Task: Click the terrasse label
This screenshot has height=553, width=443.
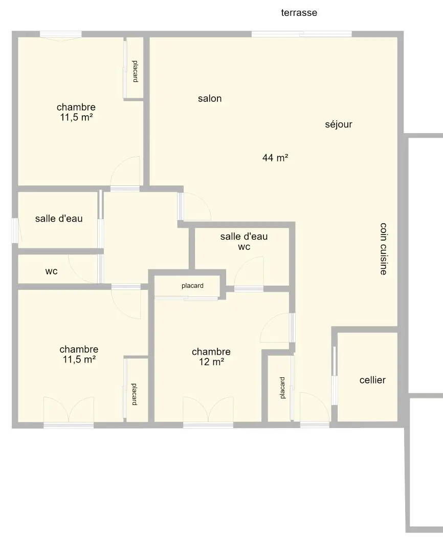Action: pos(299,13)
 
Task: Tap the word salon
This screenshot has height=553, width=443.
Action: pos(210,98)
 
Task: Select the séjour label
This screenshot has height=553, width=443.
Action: pos(338,124)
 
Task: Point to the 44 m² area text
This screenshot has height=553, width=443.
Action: pos(275,158)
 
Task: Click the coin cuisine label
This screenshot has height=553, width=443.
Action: pos(384,249)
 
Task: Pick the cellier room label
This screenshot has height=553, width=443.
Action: pos(372,380)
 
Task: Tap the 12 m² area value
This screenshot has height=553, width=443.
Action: pos(211,362)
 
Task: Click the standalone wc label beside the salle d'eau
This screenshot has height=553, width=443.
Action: pos(52,271)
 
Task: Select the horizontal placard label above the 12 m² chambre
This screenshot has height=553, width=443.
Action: pos(192,286)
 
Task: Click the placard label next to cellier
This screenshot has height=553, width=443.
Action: pos(282,388)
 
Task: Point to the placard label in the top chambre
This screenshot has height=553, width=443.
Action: pos(135,71)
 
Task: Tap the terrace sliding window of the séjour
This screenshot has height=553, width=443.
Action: pos(302,34)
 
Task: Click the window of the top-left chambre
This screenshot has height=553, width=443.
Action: pos(60,35)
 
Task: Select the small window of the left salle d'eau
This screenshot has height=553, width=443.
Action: pos(15,230)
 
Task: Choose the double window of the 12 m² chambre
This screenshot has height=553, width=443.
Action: pos(208,426)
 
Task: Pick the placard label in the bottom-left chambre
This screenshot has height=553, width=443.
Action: pos(134,394)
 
